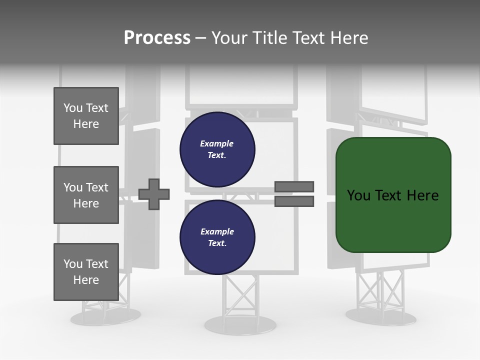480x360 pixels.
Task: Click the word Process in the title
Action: [x=157, y=38]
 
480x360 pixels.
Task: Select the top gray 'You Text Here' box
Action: [x=86, y=116]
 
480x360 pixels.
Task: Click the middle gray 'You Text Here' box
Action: [x=86, y=195]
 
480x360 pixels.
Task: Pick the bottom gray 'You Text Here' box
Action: [x=86, y=271]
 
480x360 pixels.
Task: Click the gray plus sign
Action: [x=153, y=194]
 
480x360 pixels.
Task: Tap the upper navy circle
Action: [x=217, y=149]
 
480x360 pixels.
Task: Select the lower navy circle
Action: [x=217, y=237]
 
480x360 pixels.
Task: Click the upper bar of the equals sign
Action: [x=294, y=186]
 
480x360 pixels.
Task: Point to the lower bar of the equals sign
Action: [x=294, y=201]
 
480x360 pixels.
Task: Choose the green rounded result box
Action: [x=393, y=220]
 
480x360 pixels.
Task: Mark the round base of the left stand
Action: [x=105, y=316]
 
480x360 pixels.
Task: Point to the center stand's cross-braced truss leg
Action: [x=240, y=295]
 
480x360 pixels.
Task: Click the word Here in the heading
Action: [x=349, y=38]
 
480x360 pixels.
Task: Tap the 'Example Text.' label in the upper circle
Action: [x=217, y=149]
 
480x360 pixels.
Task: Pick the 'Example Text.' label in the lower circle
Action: [x=217, y=237]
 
